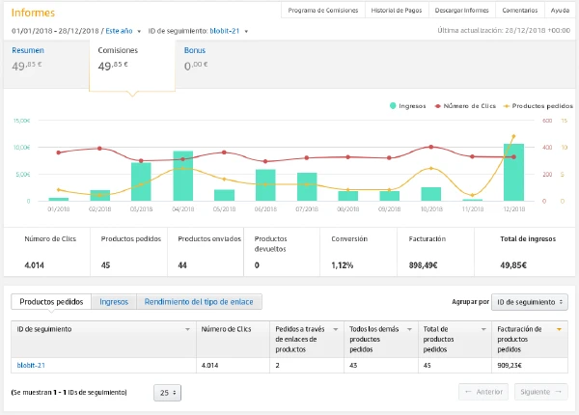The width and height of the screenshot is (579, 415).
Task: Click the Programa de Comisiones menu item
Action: [x=323, y=11]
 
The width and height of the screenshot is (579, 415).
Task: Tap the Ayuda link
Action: [x=559, y=11]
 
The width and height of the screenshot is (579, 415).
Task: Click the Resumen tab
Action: [x=27, y=49]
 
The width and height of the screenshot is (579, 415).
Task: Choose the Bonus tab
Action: [x=194, y=49]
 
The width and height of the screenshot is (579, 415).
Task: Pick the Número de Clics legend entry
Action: [x=467, y=105]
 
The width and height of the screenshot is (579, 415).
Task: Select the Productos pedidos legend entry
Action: [x=539, y=105]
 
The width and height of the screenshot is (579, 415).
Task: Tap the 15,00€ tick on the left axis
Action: [x=22, y=121]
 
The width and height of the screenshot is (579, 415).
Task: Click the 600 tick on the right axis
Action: [x=545, y=121]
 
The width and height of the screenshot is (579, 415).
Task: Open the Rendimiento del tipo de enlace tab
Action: [x=198, y=302]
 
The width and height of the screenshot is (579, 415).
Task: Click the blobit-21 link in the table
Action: [x=33, y=365]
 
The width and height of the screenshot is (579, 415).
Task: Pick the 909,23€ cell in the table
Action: [x=511, y=365]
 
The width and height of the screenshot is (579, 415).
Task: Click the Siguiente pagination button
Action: [x=538, y=392]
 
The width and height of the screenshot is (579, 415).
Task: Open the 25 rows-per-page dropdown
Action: [x=168, y=393]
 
